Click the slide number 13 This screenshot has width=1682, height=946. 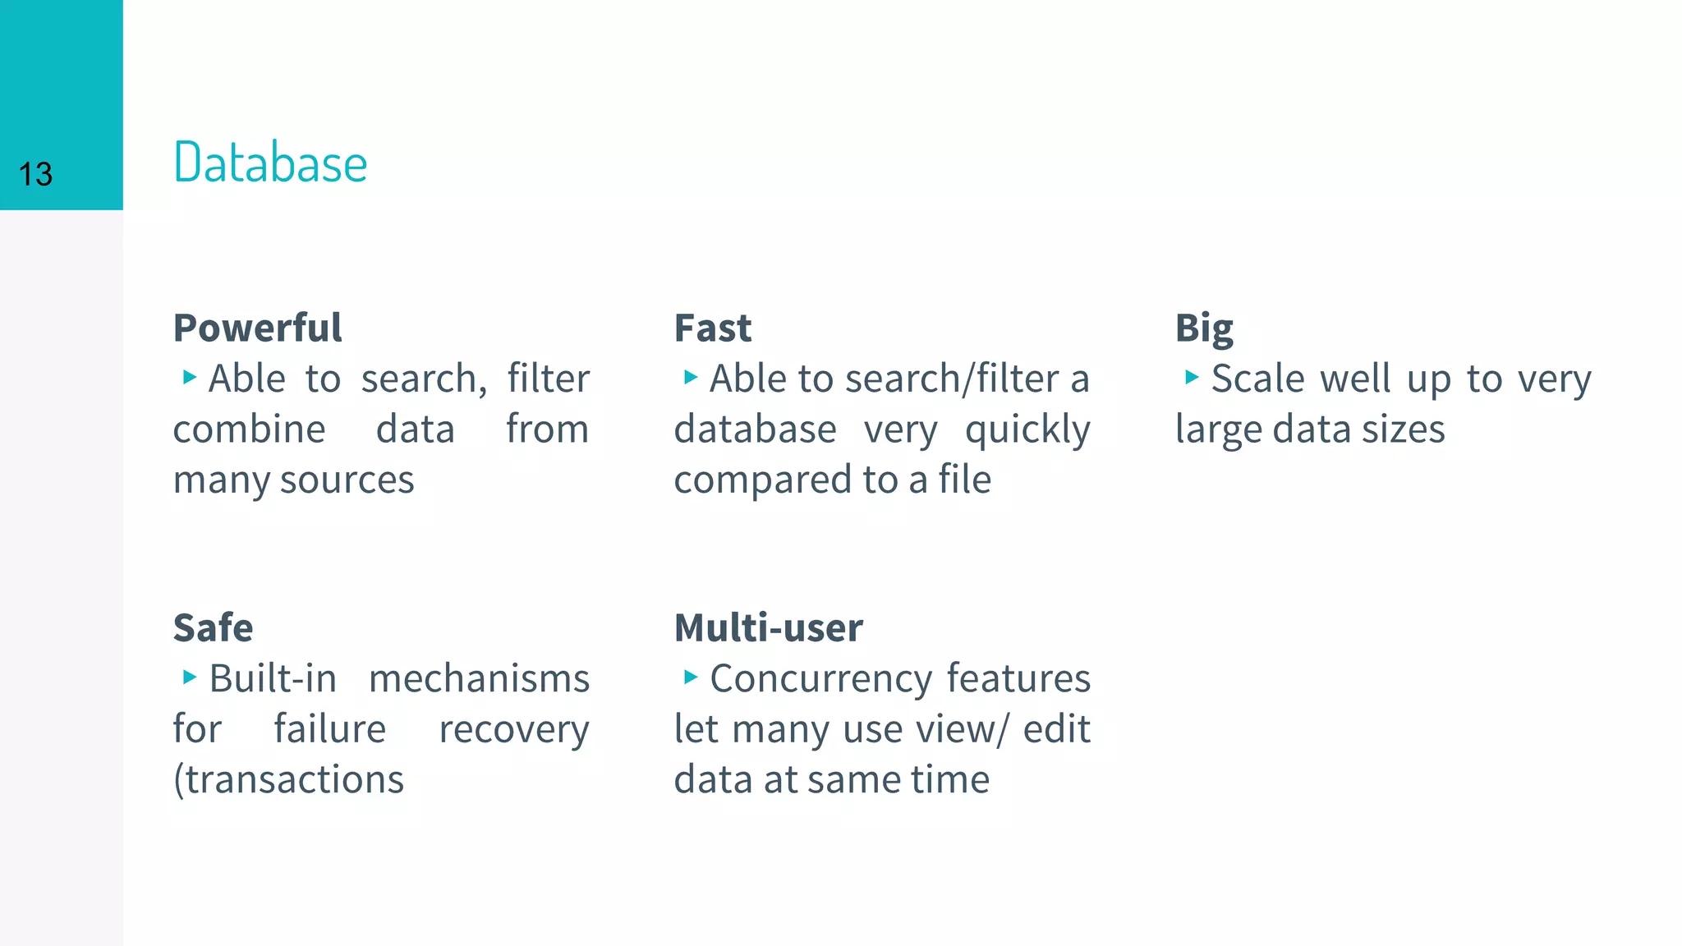tap(35, 174)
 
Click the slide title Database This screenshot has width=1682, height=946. tap(270, 163)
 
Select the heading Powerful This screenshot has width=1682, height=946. tap(257, 328)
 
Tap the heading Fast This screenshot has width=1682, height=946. tap(712, 328)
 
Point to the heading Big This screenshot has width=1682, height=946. tap(1204, 328)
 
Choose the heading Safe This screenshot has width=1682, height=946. tap(213, 627)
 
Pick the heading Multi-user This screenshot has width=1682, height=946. tap(768, 627)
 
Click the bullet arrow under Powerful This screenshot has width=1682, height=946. tap(190, 378)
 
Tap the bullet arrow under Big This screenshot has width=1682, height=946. tap(1192, 378)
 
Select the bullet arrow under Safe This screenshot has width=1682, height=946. tap(190, 677)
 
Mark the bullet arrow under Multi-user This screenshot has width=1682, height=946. tap(691, 677)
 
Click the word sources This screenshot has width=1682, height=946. tap(347, 480)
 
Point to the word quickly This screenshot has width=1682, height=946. tap(1027, 429)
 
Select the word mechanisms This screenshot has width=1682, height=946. tap(479, 678)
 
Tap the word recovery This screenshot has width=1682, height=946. tap(514, 729)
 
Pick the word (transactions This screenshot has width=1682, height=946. tap(288, 779)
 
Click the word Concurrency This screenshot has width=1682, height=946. tap(820, 679)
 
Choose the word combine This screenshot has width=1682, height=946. tap(249, 429)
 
